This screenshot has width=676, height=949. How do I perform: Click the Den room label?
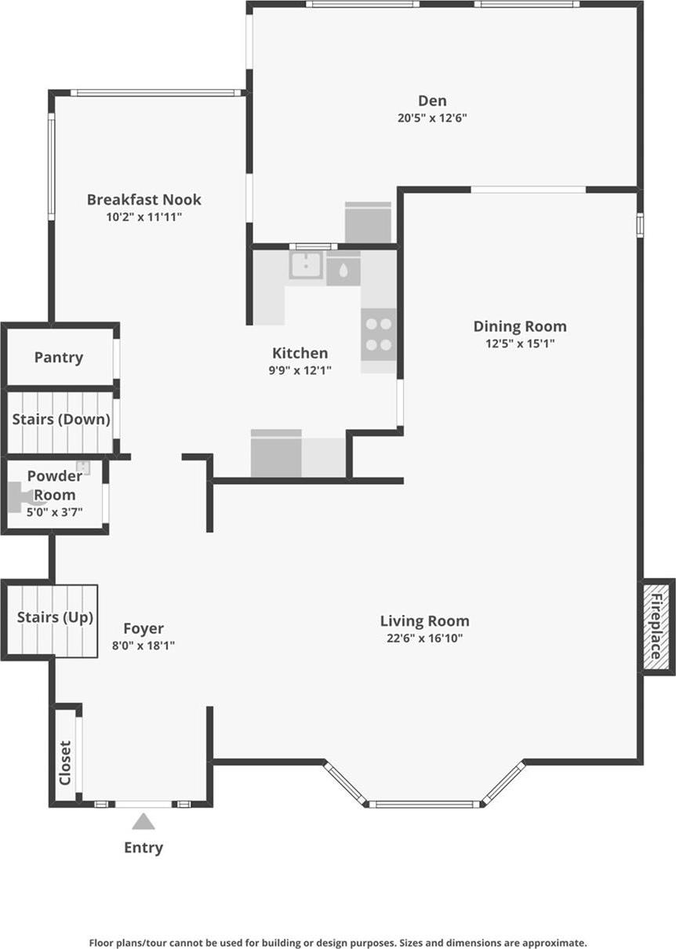pos(432,100)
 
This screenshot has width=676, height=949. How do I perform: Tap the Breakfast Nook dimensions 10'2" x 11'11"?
pos(144,217)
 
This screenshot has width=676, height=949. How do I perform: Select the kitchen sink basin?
pos(306,266)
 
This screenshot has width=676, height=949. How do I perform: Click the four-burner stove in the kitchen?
pos(379,333)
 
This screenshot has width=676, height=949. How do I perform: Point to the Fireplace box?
pos(656,626)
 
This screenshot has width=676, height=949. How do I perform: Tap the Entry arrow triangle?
pos(143,821)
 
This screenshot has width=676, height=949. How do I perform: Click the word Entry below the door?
pos(144,847)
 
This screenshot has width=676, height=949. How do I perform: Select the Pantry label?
pos(59,358)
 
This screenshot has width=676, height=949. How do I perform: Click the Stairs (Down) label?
pos(61,420)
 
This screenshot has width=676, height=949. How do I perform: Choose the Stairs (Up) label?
pos(55,617)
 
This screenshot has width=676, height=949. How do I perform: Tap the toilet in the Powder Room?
pos(20,496)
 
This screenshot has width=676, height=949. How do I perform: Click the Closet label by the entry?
pos(65,762)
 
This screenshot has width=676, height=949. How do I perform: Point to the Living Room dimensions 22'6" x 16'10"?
pos(424,638)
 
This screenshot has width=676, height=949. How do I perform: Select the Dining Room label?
pos(520,326)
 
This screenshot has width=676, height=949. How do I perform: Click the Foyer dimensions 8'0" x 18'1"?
pos(144,645)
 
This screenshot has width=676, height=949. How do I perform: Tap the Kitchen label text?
pos(300,353)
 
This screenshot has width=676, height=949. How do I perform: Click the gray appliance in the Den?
pos(368,223)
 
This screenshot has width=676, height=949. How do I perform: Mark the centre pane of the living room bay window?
pos(424,803)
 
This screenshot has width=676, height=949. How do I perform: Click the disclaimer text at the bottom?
pos(338,943)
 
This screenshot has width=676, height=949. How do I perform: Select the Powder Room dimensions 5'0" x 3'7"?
pos(55,511)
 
